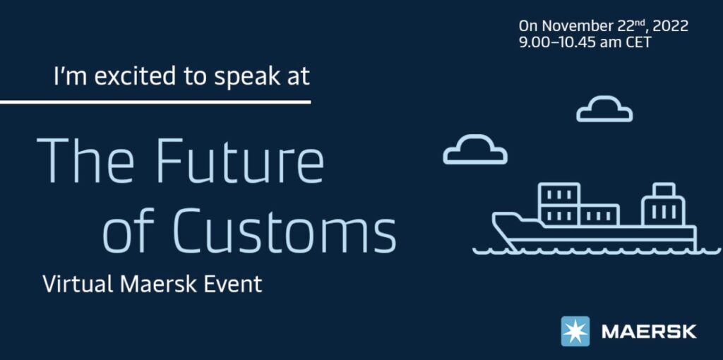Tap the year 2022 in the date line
point(671,26)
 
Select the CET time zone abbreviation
point(638,42)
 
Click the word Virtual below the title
point(78,284)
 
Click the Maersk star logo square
point(575,331)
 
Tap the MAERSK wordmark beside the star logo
point(649,332)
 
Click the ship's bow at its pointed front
point(494,216)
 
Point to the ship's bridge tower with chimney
point(663,205)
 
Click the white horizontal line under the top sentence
point(155,102)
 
